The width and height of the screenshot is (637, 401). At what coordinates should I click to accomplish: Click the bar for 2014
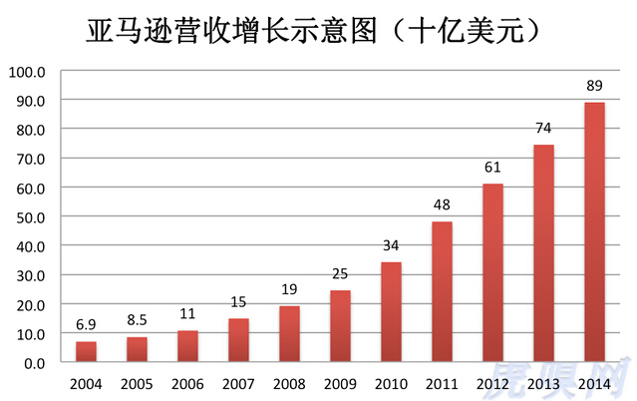594,232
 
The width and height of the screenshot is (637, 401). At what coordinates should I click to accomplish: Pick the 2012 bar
492,273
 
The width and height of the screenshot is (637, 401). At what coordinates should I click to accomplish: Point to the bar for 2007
239,340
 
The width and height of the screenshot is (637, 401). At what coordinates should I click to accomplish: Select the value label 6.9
87,326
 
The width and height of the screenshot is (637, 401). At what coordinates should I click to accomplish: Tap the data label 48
443,205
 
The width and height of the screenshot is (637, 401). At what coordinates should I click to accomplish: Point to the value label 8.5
138,321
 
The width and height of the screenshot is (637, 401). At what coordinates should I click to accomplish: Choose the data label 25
341,273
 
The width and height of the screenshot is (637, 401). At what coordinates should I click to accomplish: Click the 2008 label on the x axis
290,383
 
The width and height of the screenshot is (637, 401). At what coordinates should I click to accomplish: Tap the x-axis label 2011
443,383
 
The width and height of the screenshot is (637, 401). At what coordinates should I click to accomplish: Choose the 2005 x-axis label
138,383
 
